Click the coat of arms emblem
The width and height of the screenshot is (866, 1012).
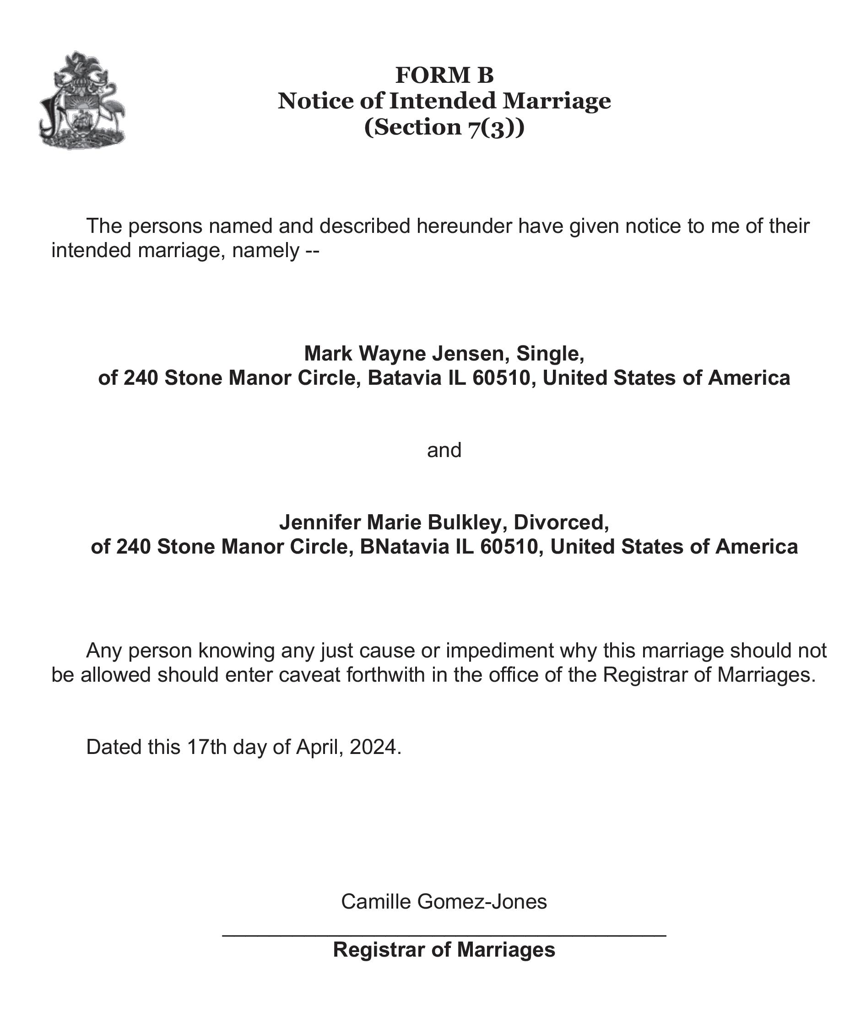pyautogui.click(x=81, y=100)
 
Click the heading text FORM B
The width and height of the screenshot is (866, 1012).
pyautogui.click(x=444, y=75)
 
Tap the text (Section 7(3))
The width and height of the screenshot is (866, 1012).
pyautogui.click(x=444, y=127)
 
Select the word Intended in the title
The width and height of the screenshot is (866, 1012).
pyautogui.click(x=443, y=101)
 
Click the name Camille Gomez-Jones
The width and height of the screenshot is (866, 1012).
pyautogui.click(x=444, y=902)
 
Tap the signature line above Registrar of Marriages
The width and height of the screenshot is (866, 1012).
pyautogui.click(x=444, y=935)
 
